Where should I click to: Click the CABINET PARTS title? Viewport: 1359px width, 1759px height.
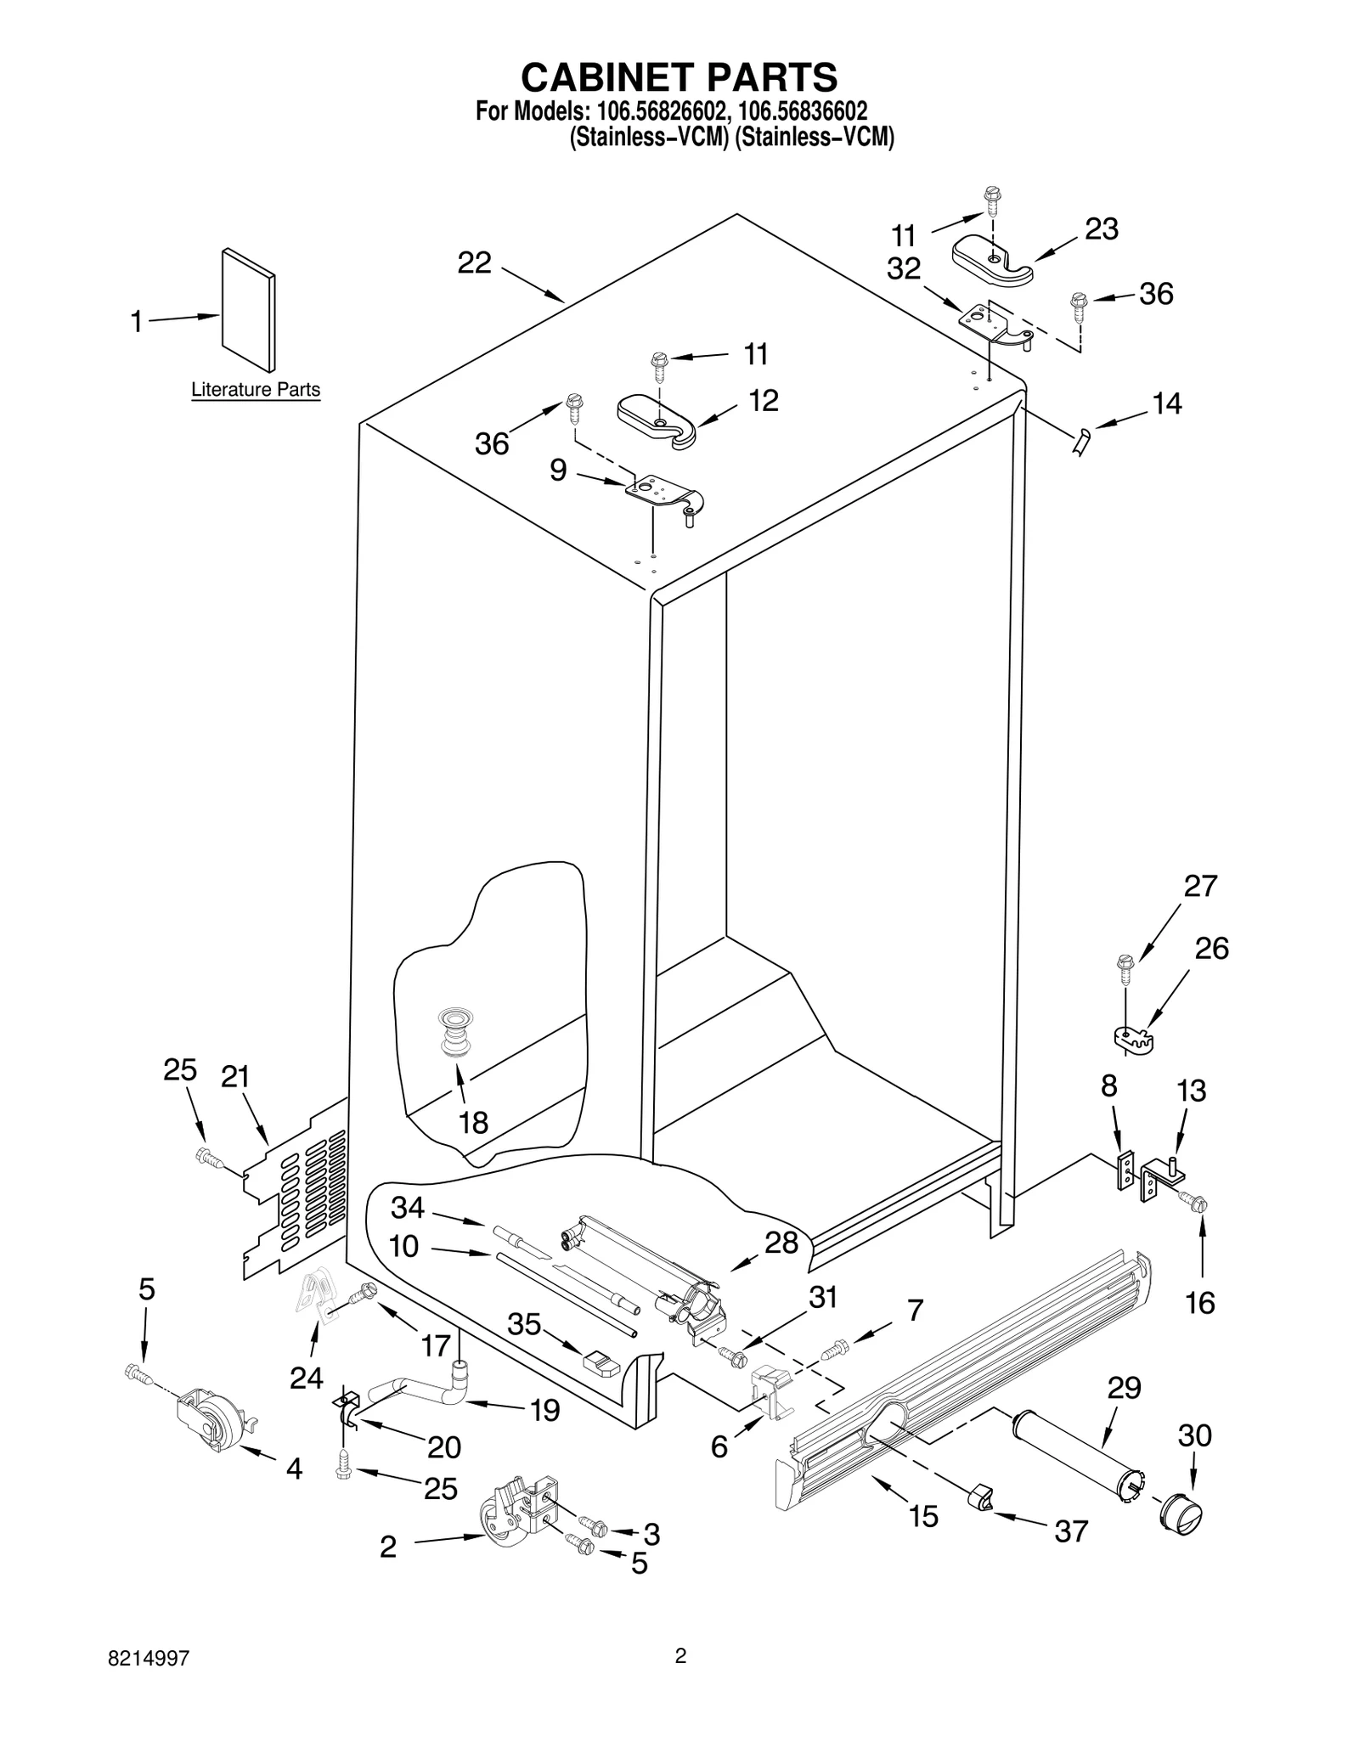coord(679,77)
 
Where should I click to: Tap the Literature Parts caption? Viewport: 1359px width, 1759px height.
coord(255,390)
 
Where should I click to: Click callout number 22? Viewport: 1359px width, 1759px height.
coord(474,263)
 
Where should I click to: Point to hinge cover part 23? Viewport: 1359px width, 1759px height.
coord(991,260)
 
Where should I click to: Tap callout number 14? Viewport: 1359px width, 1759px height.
coord(1167,403)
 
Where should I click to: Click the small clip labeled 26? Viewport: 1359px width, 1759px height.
coord(1131,1038)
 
